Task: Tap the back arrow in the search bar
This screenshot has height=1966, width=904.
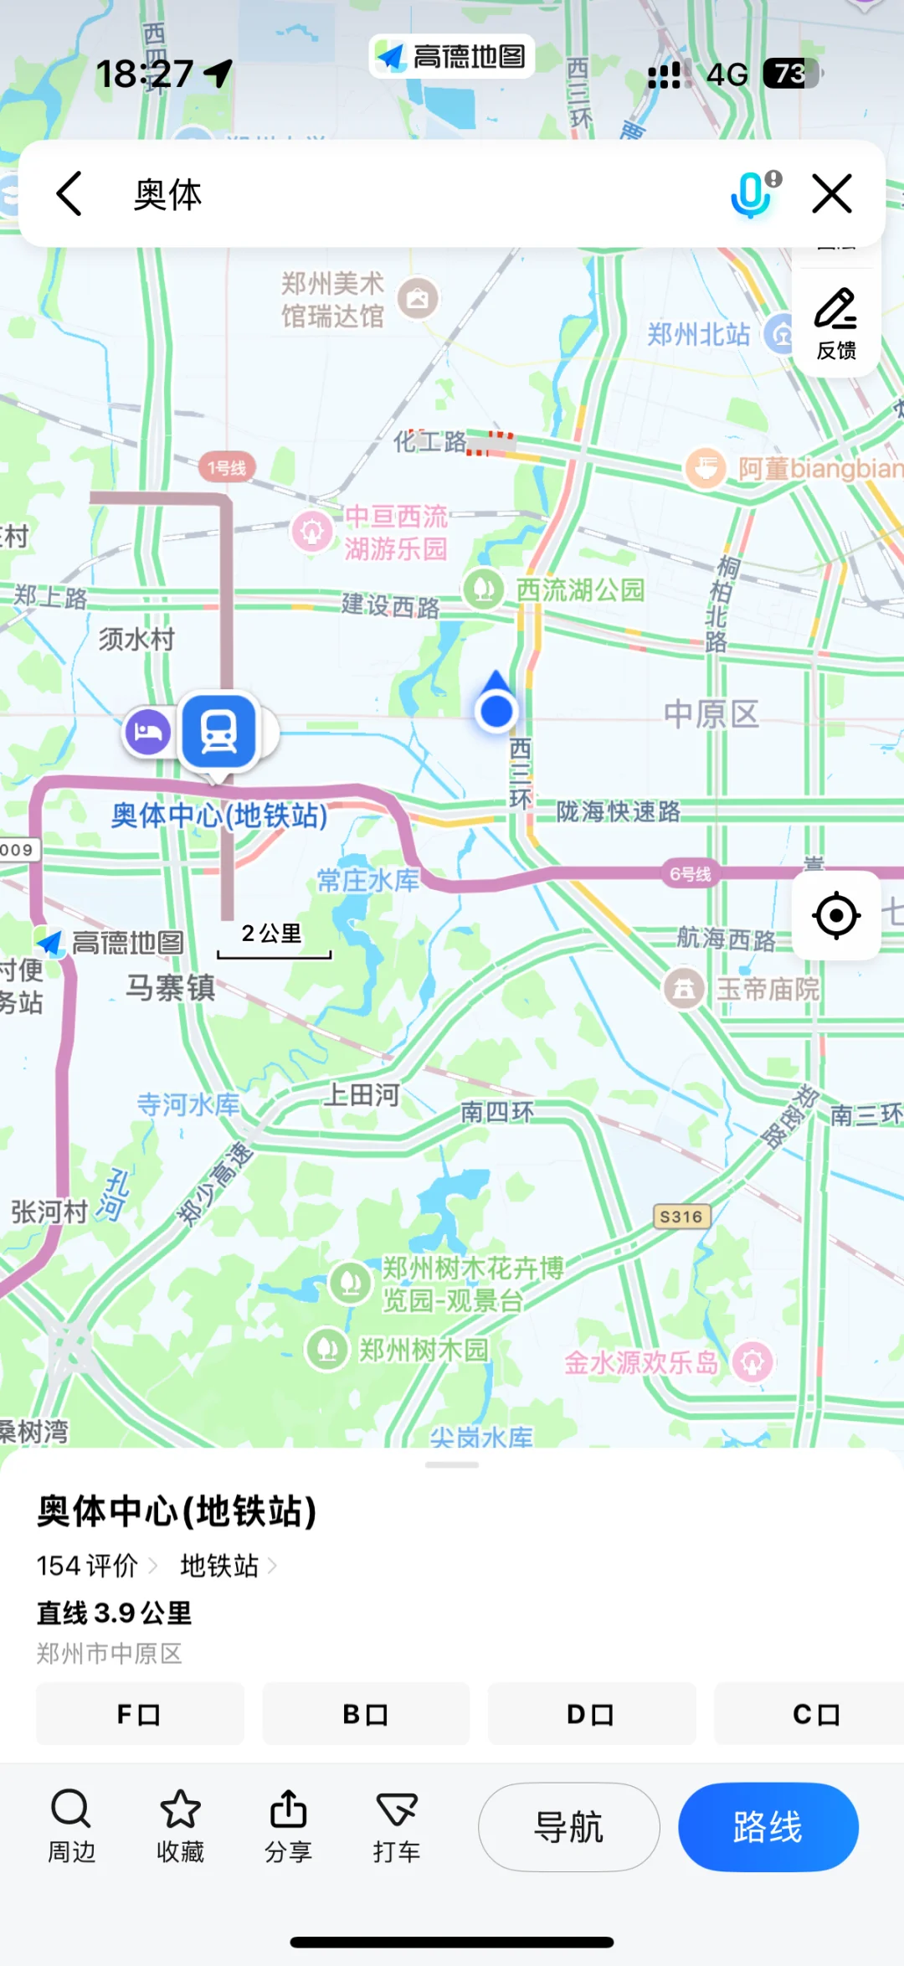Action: (69, 194)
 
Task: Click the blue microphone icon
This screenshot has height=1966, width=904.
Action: (751, 194)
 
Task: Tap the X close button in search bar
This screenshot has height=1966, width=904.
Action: (832, 194)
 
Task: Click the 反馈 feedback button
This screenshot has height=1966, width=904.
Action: (835, 323)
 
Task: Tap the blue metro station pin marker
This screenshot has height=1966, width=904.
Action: (219, 732)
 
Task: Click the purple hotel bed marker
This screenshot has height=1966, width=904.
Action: (148, 732)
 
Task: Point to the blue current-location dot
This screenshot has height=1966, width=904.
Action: (497, 711)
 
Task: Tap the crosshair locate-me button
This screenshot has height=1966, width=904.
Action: (835, 915)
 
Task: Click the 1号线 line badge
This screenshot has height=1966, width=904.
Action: (227, 467)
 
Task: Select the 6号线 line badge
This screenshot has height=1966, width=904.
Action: (690, 874)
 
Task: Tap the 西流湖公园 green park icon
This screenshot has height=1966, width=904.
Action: (483, 589)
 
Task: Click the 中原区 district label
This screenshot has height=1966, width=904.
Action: (711, 714)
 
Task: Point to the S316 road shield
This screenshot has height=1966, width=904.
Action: (681, 1216)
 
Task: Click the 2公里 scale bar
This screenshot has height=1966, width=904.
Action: (273, 942)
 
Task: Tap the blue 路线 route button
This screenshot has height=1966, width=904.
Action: (768, 1827)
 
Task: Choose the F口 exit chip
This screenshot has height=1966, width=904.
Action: (140, 1714)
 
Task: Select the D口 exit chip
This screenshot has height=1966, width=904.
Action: (591, 1714)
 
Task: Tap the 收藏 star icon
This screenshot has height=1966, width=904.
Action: (180, 1810)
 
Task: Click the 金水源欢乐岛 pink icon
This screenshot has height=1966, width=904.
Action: (752, 1362)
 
